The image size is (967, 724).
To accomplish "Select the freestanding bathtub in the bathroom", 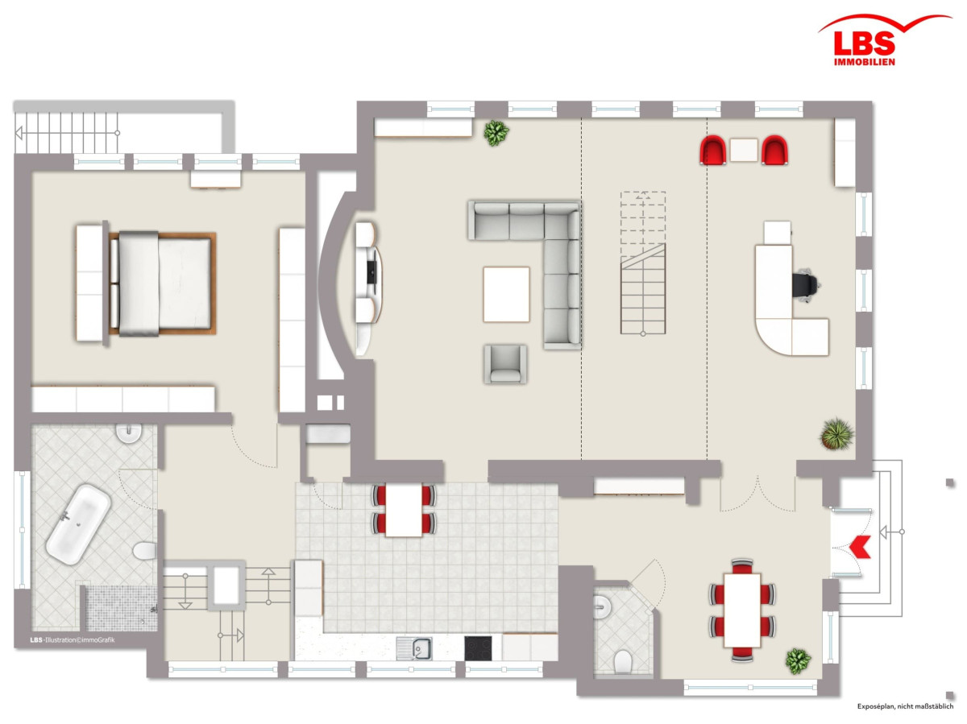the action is pos(78,524).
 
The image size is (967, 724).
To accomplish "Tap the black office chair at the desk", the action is pos(805,285).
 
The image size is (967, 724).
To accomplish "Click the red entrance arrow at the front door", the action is pos(860,547).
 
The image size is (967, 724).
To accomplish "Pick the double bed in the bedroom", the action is pos(162,283).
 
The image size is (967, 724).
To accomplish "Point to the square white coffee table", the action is pos(506,295).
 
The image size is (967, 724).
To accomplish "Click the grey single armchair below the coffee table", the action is pos(505,364).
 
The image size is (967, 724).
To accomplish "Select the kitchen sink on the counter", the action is pos(415,649).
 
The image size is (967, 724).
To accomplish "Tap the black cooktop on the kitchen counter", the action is pos(478,648).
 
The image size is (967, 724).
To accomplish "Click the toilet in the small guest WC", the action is pos(622,662).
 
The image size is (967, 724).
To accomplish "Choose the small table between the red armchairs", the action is pos(744,150).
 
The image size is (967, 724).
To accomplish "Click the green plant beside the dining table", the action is pos(798,660).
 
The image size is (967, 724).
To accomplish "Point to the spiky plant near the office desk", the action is pos(836,434).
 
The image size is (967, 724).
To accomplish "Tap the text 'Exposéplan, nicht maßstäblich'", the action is pos(905,706).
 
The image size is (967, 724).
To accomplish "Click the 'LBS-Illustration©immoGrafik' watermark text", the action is pos(73,640).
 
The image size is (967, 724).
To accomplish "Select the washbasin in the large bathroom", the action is pos(129,432).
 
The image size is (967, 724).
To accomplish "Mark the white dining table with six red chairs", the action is pos(742,610).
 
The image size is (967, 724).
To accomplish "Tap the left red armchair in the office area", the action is pos(713,150).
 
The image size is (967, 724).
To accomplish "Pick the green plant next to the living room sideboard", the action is pos(496,133).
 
